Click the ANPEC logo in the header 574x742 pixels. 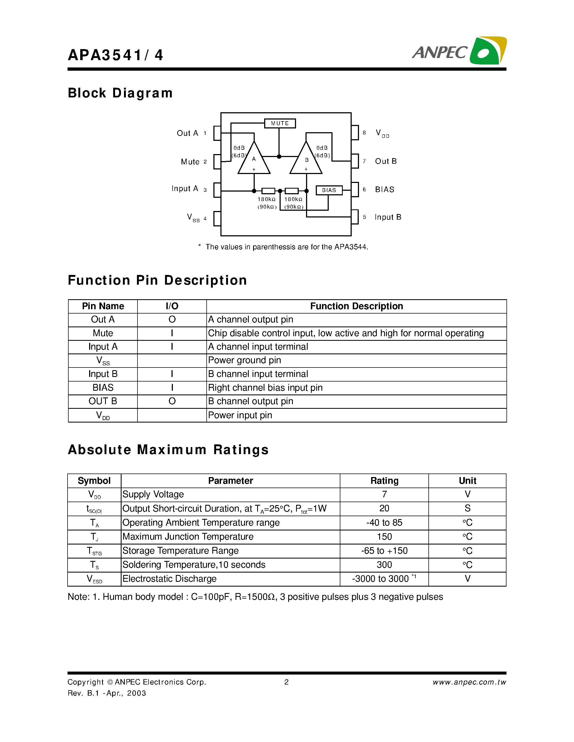pos(459,51)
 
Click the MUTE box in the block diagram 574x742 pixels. pos(280,123)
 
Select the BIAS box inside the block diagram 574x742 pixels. pos(329,190)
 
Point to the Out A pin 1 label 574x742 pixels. pos(187,133)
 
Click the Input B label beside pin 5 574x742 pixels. pos(388,217)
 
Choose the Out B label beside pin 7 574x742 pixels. pos(386,161)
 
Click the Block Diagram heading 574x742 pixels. pos(120,93)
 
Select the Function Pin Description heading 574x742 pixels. pos(157,280)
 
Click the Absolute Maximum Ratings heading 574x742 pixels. pos(168,450)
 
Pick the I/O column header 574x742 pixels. pos(172,306)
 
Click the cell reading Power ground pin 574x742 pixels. pos(244,360)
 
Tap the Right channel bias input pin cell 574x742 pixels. pos(265,388)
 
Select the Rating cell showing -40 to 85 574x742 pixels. pos(384,523)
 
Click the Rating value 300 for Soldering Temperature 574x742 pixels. pos(384,565)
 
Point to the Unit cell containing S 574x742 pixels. pos(467,508)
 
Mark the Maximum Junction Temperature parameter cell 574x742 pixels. pos(188,537)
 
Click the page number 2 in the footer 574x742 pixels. pos(286,682)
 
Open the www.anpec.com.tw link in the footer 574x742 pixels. pos(469,682)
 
